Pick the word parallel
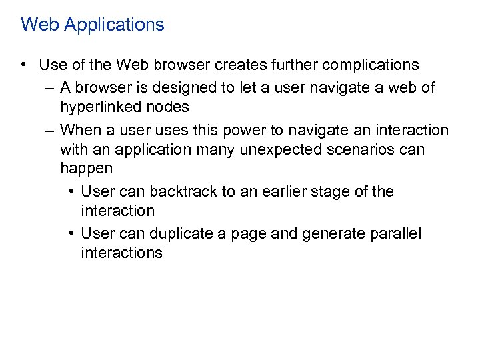[x=395, y=234]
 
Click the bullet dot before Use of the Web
[x=25, y=65]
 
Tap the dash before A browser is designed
[x=49, y=88]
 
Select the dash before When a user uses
[x=49, y=130]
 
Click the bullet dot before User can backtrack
[x=71, y=192]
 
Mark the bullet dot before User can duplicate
[x=71, y=234]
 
